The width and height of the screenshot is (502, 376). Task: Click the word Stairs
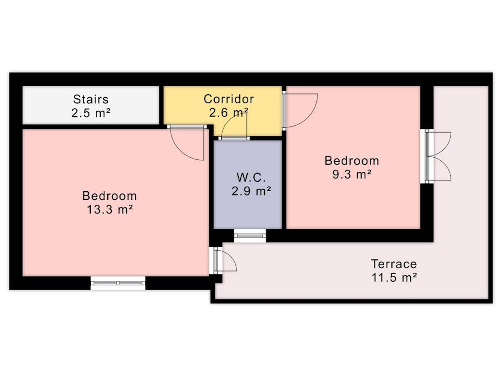91,99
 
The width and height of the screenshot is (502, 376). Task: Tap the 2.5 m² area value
91,113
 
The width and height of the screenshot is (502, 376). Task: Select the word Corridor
229,99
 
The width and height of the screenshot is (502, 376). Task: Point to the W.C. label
251,177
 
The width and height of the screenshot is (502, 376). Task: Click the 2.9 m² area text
251,191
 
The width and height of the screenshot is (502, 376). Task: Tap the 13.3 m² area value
110,209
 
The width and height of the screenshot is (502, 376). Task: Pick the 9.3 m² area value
352,175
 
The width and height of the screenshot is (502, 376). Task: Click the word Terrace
394,264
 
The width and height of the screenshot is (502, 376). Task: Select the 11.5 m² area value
394,278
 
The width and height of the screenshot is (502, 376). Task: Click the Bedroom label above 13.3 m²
110,196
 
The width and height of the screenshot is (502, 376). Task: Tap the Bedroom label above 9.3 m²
352,161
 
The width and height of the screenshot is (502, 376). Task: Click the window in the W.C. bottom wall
250,235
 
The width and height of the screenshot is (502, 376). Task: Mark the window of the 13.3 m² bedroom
118,283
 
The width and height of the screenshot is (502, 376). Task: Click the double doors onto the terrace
436,156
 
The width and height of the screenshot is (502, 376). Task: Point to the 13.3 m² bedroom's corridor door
187,143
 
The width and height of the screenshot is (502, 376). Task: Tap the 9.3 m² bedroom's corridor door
300,111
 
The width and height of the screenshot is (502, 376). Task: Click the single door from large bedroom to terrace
223,260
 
